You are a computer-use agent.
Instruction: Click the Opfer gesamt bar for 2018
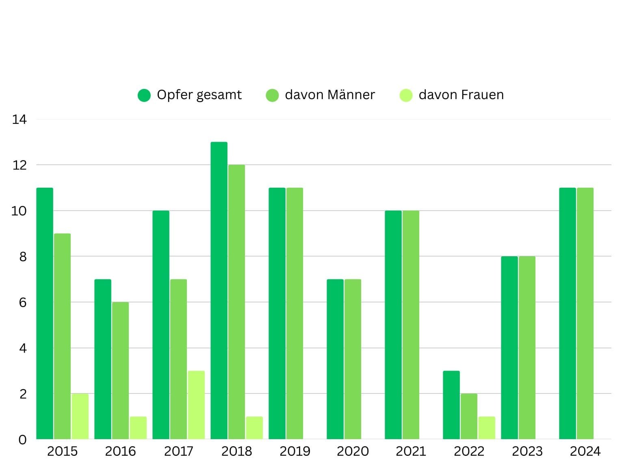pyautogui.click(x=219, y=291)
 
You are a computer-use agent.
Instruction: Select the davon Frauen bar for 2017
pyautogui.click(x=196, y=405)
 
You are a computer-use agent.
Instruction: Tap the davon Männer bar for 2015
pyautogui.click(x=62, y=336)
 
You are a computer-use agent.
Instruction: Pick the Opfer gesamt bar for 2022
pyautogui.click(x=451, y=405)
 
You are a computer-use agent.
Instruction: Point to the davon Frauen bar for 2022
pyautogui.click(x=487, y=428)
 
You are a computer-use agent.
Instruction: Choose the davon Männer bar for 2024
pyautogui.click(x=585, y=313)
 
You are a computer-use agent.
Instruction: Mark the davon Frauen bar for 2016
pyautogui.click(x=138, y=428)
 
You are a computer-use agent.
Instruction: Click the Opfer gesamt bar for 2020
pyautogui.click(x=335, y=359)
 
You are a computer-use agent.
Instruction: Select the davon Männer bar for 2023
pyautogui.click(x=527, y=348)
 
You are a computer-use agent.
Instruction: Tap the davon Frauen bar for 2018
pyautogui.click(x=254, y=428)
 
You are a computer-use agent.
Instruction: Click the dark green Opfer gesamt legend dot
pyautogui.click(x=144, y=95)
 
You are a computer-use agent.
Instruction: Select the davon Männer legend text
pyautogui.click(x=330, y=95)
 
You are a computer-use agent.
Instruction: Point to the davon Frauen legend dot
pyautogui.click(x=406, y=95)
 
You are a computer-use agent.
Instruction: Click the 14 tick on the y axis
pyautogui.click(x=19, y=119)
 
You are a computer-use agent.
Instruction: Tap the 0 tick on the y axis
pyautogui.click(x=23, y=440)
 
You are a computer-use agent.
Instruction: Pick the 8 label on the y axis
pyautogui.click(x=23, y=257)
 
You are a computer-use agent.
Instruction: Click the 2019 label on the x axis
pyautogui.click(x=295, y=451)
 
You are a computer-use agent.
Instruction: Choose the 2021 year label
pyautogui.click(x=411, y=451)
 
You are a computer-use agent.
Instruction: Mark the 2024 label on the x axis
pyautogui.click(x=585, y=451)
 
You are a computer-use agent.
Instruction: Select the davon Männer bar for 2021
pyautogui.click(x=411, y=325)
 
